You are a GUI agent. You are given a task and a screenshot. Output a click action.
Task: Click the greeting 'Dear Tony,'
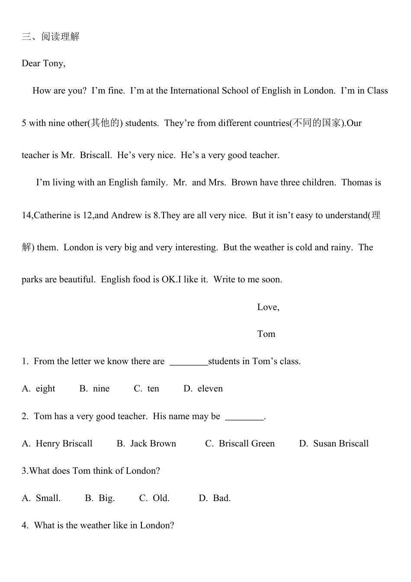point(44,64)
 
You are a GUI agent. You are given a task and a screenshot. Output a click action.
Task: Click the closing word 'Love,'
point(268,307)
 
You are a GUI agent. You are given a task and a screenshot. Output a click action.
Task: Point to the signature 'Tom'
point(266,334)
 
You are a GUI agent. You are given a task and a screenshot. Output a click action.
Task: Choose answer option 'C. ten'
point(147,389)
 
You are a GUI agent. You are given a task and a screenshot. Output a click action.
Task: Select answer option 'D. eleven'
point(203,389)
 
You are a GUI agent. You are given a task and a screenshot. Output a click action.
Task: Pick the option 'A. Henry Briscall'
point(57,444)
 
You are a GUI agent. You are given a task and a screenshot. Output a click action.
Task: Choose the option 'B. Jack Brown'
point(147,444)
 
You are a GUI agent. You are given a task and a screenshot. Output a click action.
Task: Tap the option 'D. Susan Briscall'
point(334,444)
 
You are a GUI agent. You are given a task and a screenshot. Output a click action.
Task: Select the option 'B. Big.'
point(100,498)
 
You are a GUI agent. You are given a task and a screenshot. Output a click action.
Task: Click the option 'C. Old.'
point(154,498)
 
